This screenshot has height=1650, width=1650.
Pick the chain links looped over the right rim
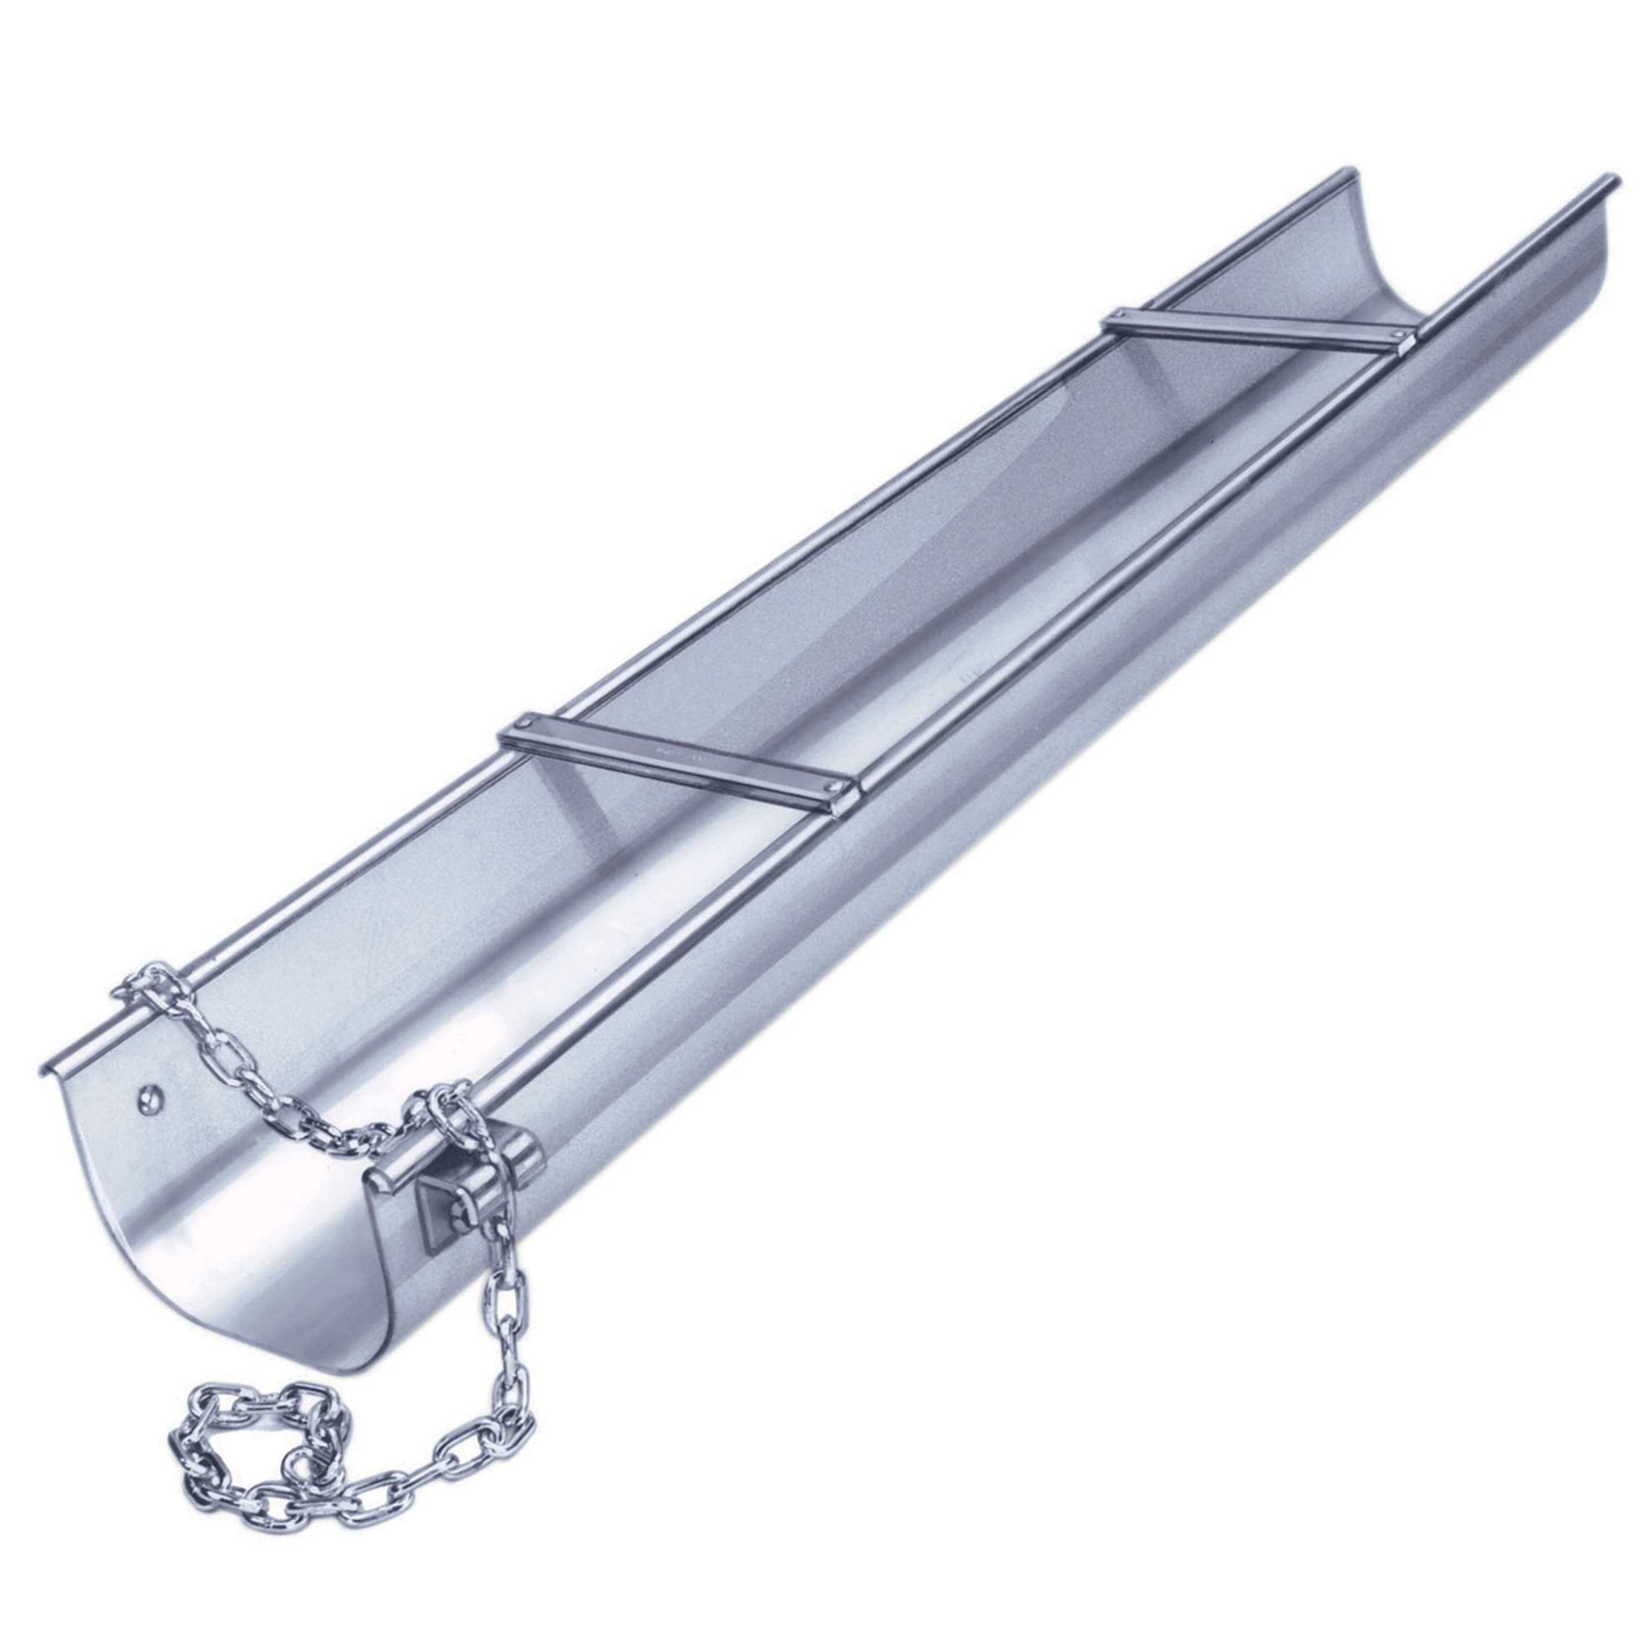tap(444, 1106)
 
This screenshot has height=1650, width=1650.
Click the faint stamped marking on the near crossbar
tap(675, 754)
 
